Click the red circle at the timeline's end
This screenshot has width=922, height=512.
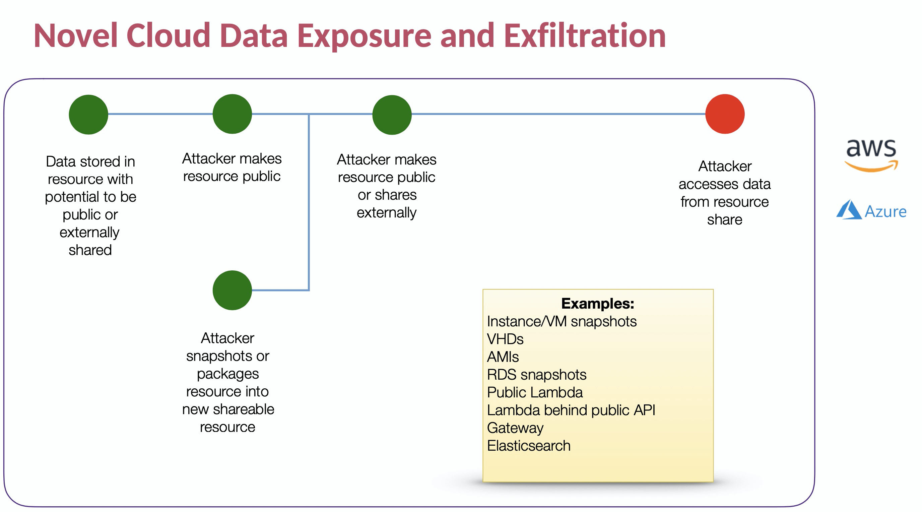[725, 114]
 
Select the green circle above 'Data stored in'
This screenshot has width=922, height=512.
[88, 115]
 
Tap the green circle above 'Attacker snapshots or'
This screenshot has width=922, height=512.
[232, 290]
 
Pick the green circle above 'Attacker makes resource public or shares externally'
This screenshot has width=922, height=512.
[392, 115]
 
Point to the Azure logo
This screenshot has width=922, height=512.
[871, 210]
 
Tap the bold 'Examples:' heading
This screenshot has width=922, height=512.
[598, 304]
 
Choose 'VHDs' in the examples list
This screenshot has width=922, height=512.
[505, 339]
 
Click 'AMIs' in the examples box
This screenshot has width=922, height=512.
[503, 357]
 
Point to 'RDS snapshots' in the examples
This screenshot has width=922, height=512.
[536, 375]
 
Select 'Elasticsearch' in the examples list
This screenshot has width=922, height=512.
[529, 446]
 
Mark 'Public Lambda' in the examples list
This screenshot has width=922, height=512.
[535, 392]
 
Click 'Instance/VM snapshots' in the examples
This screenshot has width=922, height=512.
[562, 322]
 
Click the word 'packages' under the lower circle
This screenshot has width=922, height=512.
[227, 374]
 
